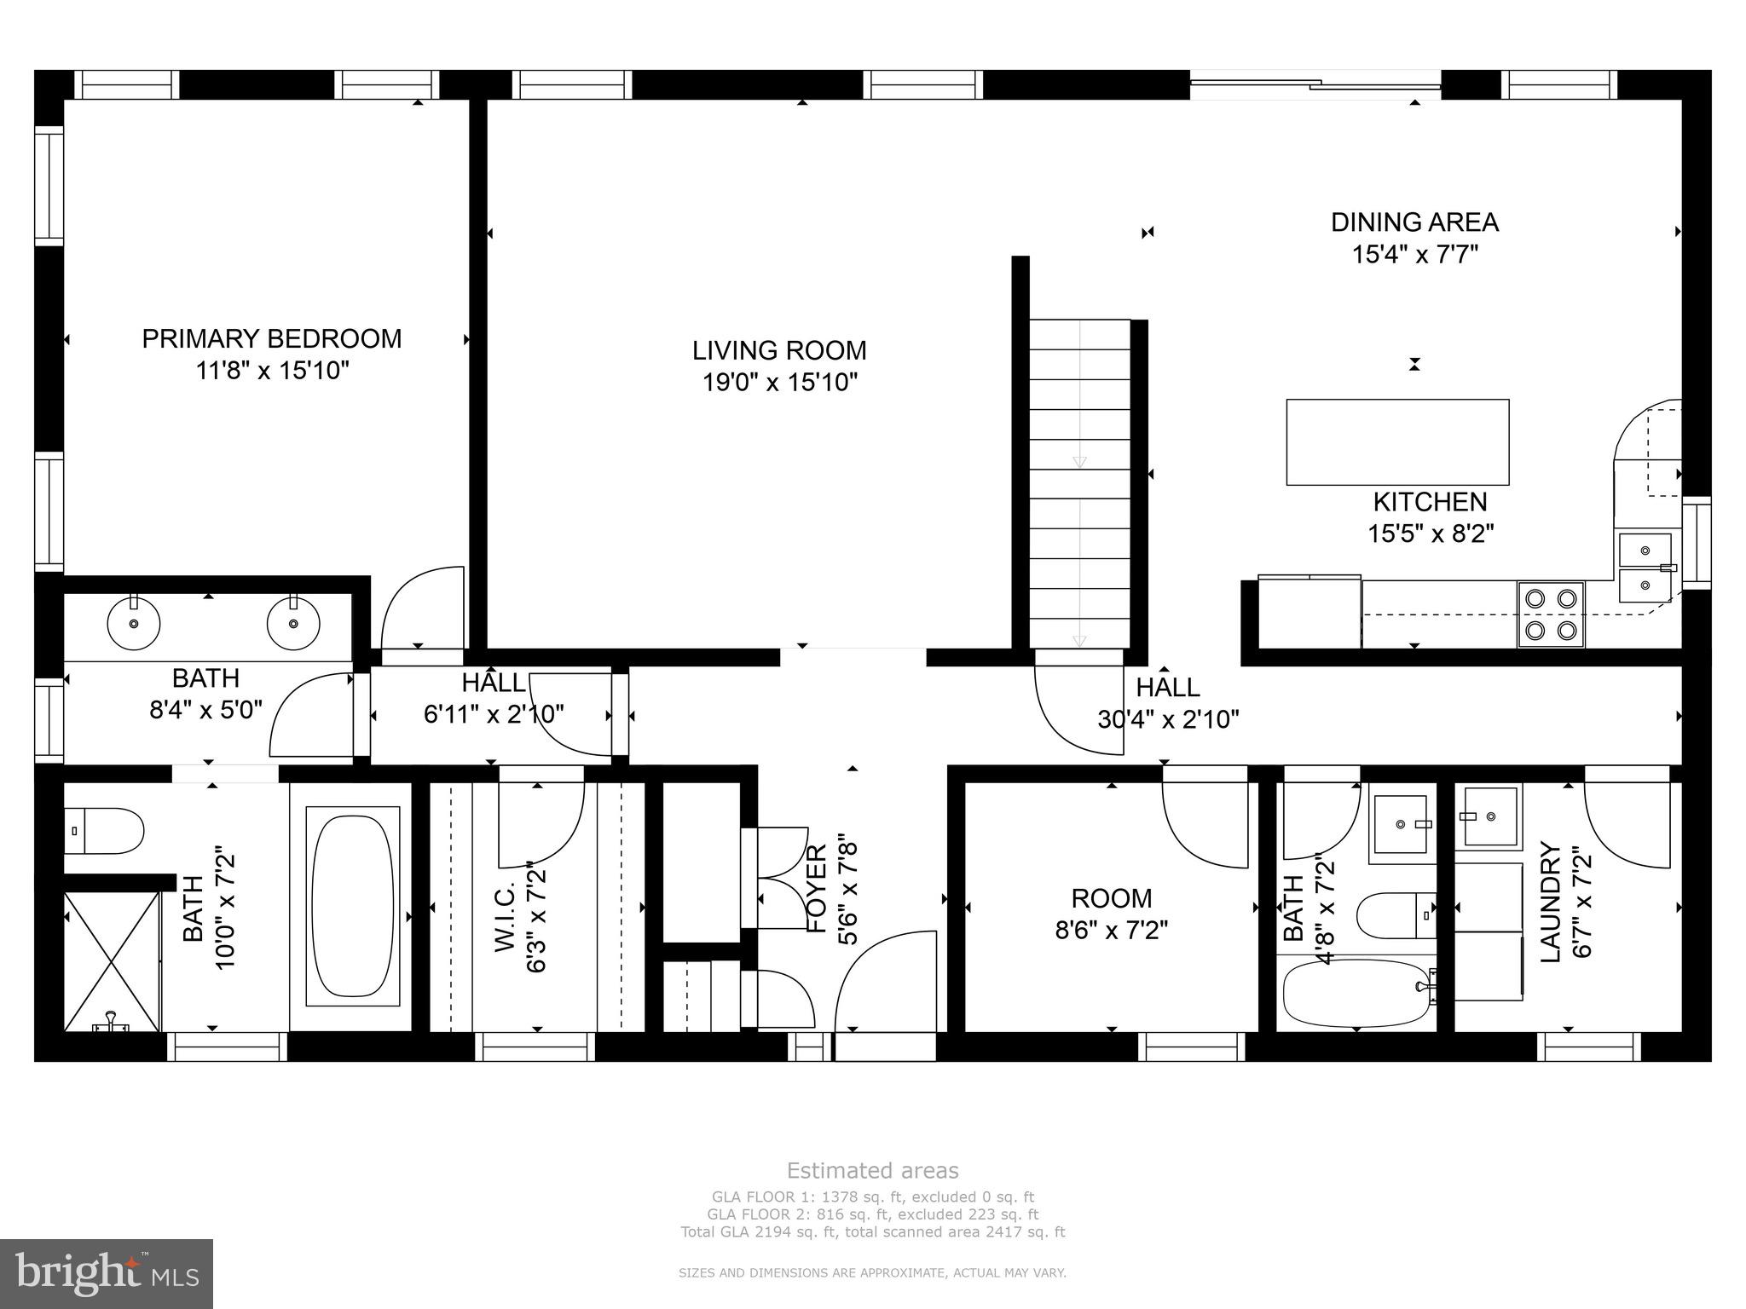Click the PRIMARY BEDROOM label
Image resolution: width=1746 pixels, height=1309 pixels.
(x=271, y=339)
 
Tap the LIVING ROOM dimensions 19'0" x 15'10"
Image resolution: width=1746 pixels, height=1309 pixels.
(x=779, y=383)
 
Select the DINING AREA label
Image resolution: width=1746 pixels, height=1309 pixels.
(x=1414, y=222)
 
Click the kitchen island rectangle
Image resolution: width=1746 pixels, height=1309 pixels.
(x=1396, y=441)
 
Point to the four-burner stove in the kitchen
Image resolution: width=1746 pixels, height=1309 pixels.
(x=1550, y=614)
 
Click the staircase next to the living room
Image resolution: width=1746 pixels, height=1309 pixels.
(x=1079, y=484)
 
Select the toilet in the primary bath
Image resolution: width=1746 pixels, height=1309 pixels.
(x=105, y=831)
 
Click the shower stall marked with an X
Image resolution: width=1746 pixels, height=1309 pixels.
(x=113, y=961)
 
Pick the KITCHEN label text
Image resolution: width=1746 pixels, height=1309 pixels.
(x=1430, y=502)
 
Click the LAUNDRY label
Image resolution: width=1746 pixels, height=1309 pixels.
(x=1551, y=902)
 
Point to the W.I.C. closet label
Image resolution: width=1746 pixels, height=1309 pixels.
(x=506, y=916)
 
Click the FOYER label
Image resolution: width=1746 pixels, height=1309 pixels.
(x=817, y=888)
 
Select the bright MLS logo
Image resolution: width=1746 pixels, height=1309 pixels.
(x=107, y=1273)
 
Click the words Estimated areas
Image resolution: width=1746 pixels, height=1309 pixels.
(x=872, y=1170)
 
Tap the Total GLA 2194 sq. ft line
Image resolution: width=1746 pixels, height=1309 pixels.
(x=872, y=1231)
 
